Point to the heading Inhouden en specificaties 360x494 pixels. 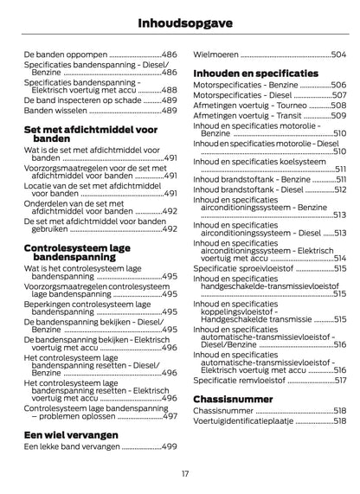click(255, 74)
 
